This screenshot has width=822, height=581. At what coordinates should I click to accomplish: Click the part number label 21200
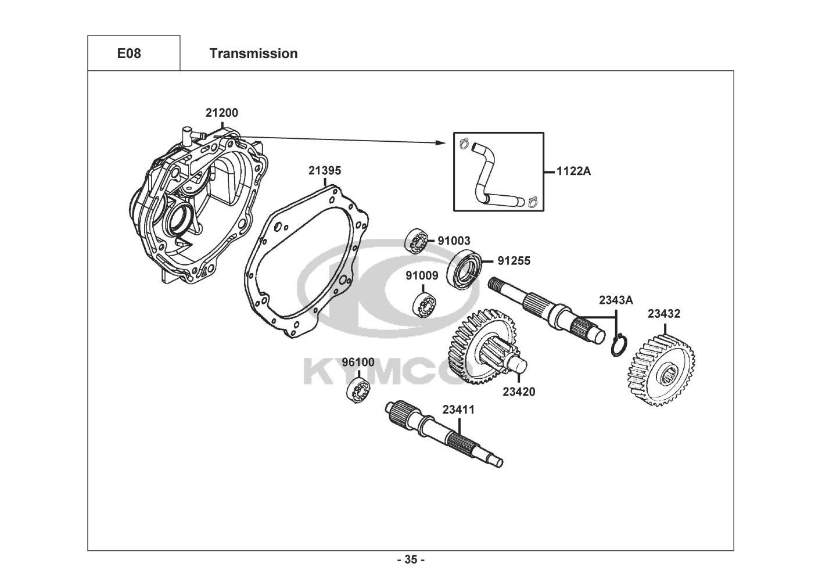(221, 113)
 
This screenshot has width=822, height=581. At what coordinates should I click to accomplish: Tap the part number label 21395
(325, 171)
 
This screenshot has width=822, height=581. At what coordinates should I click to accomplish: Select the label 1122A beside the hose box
(573, 171)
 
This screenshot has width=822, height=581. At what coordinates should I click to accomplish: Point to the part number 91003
(454, 241)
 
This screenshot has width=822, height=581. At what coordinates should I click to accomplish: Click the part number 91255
(514, 261)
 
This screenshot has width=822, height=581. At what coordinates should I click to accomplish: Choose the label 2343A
(616, 300)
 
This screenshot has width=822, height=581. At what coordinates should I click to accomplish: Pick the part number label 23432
(664, 314)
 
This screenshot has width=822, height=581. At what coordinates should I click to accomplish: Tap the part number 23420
(519, 392)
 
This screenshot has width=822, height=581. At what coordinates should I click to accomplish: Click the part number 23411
(458, 410)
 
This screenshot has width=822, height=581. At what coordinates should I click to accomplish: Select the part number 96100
(358, 362)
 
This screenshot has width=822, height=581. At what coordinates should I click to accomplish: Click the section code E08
(129, 53)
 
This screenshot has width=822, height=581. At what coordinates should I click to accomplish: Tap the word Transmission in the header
(253, 53)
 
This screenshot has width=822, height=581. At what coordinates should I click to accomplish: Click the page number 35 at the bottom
(411, 560)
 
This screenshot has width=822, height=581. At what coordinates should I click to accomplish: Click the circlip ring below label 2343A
(619, 346)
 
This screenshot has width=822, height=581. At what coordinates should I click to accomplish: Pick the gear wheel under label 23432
(663, 371)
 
